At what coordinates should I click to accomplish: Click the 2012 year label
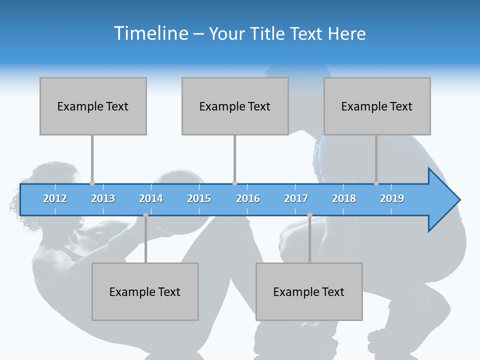coord(55,198)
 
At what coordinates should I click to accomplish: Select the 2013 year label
coord(103,198)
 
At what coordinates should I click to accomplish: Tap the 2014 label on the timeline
coord(151,198)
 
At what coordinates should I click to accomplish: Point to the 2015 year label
coord(199,198)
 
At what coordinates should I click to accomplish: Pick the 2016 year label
coord(248,198)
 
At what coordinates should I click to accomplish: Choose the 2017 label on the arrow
coord(296,198)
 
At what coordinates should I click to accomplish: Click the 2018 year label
coord(344,198)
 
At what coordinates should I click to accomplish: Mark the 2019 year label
coord(392,198)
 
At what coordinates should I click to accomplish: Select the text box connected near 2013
coord(93,106)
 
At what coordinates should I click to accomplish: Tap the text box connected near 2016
coord(235,106)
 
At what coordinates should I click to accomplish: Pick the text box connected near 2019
coord(377,106)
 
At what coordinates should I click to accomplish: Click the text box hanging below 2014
coord(145,291)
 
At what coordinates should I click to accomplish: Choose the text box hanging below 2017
coord(309,291)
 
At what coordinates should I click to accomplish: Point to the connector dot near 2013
coord(92,183)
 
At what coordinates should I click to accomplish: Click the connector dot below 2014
coord(145,215)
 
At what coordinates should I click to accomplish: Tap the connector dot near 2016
coord(234,183)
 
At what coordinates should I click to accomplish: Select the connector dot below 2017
coord(309,215)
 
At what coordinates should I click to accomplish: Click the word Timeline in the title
coord(150,33)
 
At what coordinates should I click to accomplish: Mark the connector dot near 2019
coord(376,183)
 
